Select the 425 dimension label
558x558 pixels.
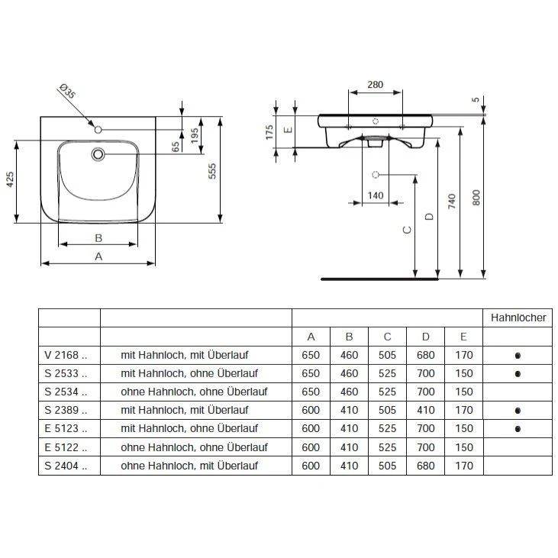[x=11, y=179]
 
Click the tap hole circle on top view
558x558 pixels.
[x=97, y=131]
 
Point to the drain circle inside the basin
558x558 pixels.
[x=97, y=154]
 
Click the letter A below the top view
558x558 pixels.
[x=98, y=257]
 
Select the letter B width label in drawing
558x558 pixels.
[x=98, y=237]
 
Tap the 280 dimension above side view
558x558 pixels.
[x=375, y=85]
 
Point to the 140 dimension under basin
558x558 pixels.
[x=375, y=195]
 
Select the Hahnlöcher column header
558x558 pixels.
[x=518, y=318]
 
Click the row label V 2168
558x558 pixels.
[x=67, y=355]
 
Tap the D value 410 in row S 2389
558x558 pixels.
[x=425, y=410]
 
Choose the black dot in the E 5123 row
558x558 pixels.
[x=518, y=429]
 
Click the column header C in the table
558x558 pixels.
[x=387, y=337]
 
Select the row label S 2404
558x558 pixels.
[x=67, y=466]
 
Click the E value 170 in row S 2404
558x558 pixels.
[x=463, y=466]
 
